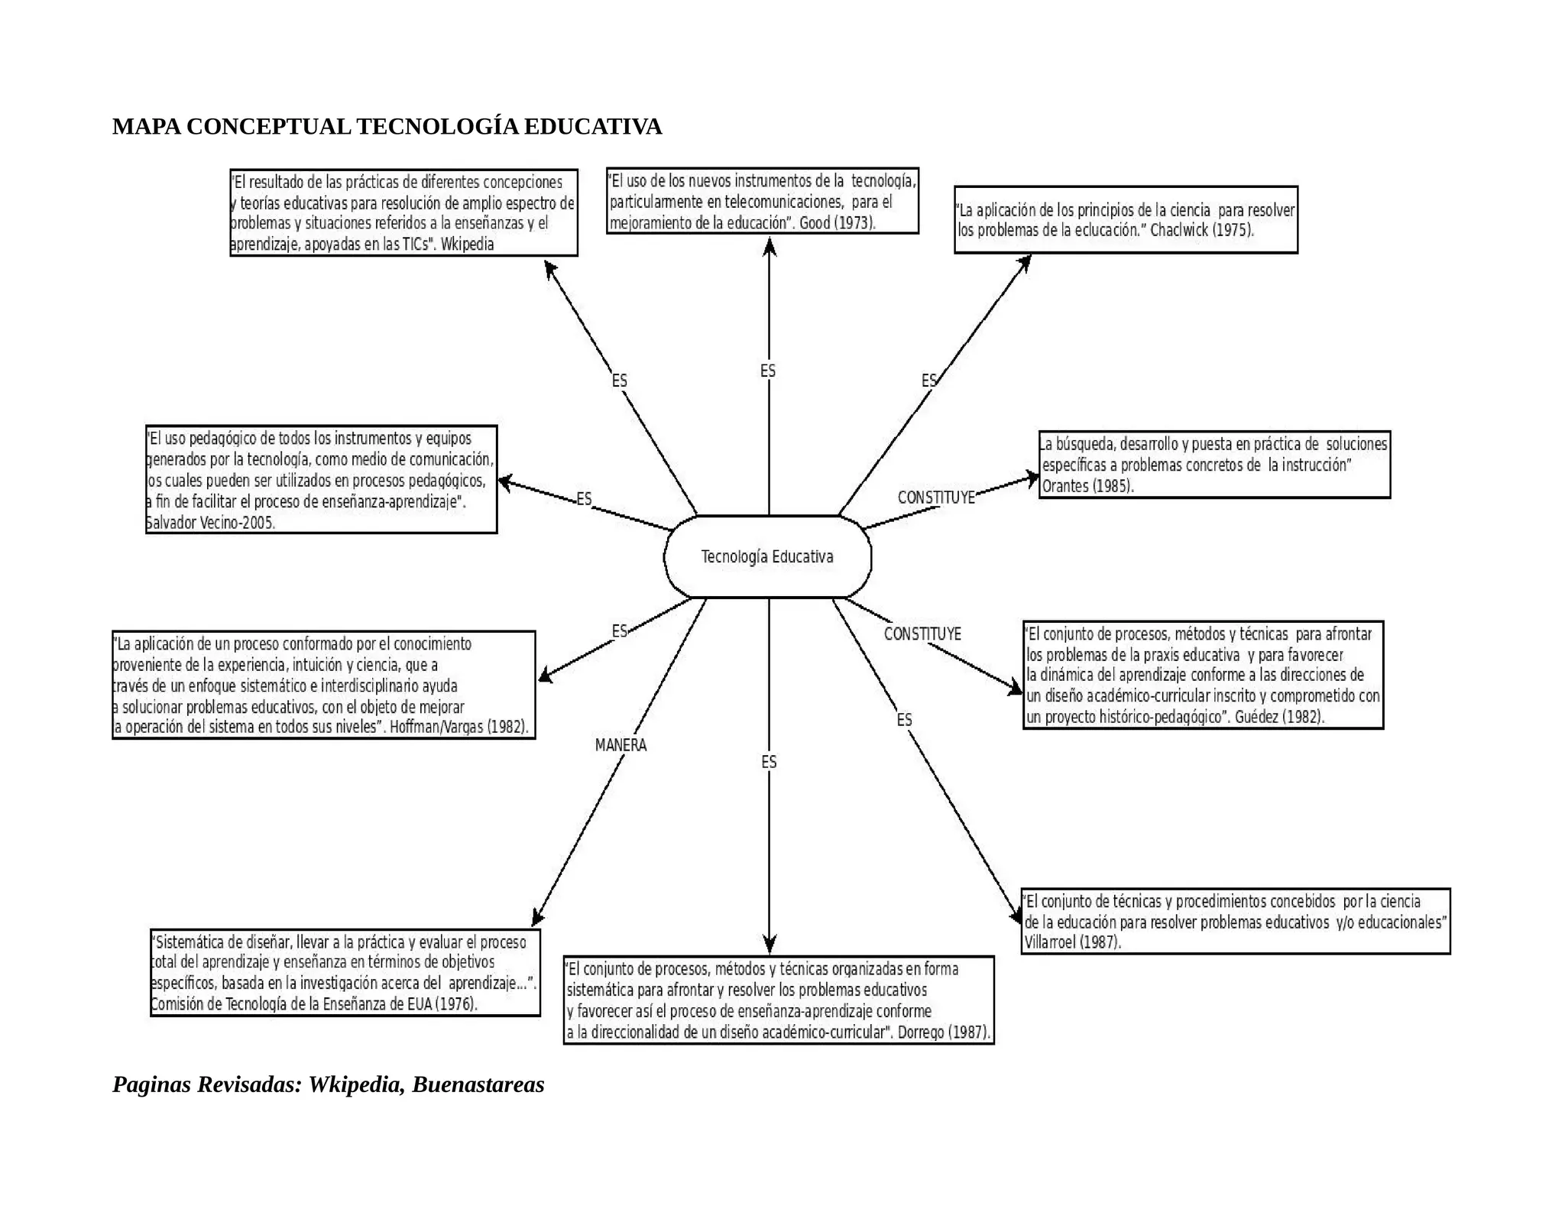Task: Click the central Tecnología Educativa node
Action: pos(767,557)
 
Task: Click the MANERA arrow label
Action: pos(620,745)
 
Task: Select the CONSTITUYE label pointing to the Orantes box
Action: pos(936,498)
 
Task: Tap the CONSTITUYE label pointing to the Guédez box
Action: pos(922,634)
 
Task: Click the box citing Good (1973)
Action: pos(762,201)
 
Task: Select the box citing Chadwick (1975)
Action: pos(1126,220)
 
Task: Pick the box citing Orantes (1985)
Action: pos(1214,465)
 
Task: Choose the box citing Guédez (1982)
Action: pos(1203,676)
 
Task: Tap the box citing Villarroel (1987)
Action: pos(1236,922)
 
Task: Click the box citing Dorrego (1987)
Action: pos(779,1000)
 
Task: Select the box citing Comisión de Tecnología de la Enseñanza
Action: pos(345,973)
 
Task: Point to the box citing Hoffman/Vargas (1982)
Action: pos(323,686)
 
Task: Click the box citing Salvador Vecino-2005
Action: pos(322,480)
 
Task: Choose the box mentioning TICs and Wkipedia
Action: pos(403,213)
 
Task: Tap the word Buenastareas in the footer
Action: pos(478,1084)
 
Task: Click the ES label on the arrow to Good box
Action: pos(768,371)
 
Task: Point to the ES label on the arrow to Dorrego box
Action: pos(769,763)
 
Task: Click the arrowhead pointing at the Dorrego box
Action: pos(770,945)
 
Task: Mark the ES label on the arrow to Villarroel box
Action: pos(904,721)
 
